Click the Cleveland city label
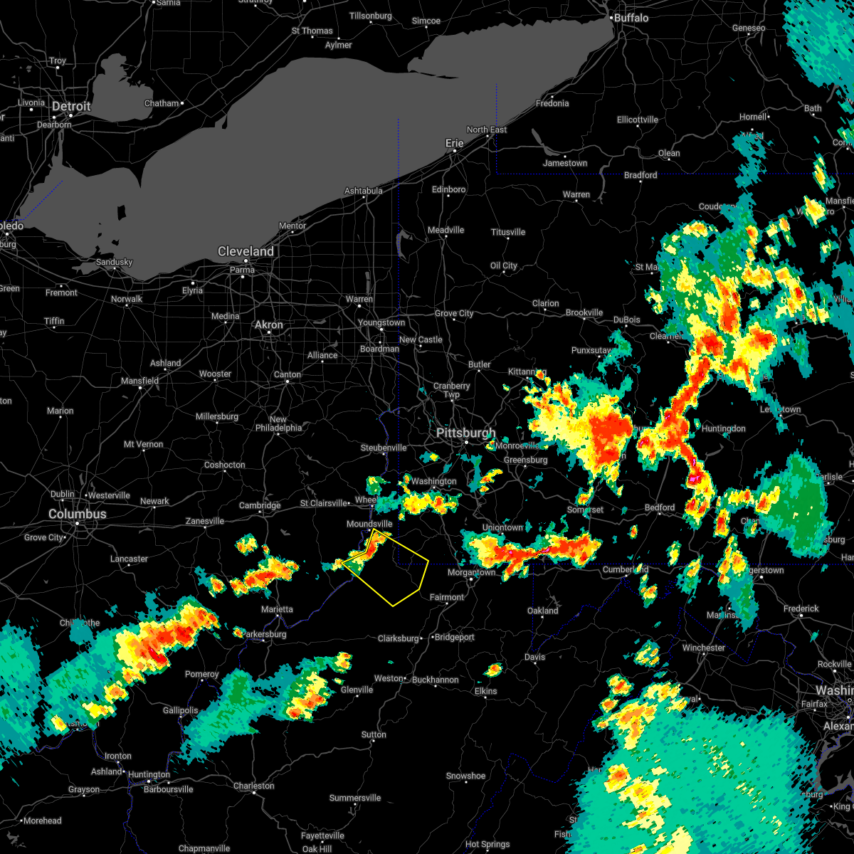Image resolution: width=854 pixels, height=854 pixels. pyautogui.click(x=246, y=252)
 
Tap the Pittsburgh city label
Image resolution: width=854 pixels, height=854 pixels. pyautogui.click(x=465, y=433)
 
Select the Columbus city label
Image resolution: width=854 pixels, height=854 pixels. pyautogui.click(x=78, y=514)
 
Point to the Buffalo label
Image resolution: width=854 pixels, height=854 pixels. pyautogui.click(x=631, y=18)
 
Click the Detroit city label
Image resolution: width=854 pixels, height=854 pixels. pyautogui.click(x=71, y=107)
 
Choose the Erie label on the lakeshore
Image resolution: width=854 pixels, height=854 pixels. pyautogui.click(x=454, y=143)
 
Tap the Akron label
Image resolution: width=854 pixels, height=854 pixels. pyautogui.click(x=269, y=325)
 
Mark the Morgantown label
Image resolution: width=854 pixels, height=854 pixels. pyautogui.click(x=471, y=572)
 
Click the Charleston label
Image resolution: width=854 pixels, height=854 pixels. pyautogui.click(x=253, y=786)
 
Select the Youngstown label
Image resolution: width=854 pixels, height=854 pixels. pyautogui.click(x=381, y=322)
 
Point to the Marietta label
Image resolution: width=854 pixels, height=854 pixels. pyautogui.click(x=277, y=609)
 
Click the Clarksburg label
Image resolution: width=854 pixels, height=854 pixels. pyautogui.click(x=398, y=638)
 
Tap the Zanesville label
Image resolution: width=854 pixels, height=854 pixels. pyautogui.click(x=205, y=522)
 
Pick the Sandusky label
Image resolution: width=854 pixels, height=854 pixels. pyautogui.click(x=114, y=262)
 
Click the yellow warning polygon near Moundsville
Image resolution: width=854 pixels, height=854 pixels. pyautogui.click(x=391, y=569)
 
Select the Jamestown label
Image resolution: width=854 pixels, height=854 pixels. pyautogui.click(x=565, y=163)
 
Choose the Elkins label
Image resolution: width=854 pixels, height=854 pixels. pyautogui.click(x=486, y=691)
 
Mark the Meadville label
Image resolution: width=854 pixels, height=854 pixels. pyautogui.click(x=446, y=230)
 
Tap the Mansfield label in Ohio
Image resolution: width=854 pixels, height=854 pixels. pyautogui.click(x=139, y=381)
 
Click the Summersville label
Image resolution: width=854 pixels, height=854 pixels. pyautogui.click(x=355, y=798)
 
